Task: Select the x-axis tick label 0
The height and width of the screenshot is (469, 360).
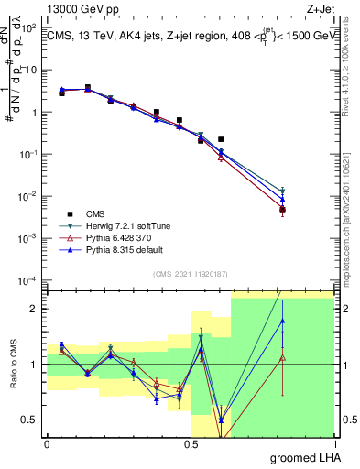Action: pos(47,443)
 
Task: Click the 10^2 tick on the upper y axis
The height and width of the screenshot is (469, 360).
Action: pos(29,28)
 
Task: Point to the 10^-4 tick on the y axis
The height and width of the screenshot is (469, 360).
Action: pos(29,280)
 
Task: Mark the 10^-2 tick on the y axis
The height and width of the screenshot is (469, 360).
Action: pos(29,196)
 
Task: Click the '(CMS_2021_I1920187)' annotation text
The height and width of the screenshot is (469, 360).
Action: pos(190,273)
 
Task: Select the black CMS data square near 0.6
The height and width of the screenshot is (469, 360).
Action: pos(221,139)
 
